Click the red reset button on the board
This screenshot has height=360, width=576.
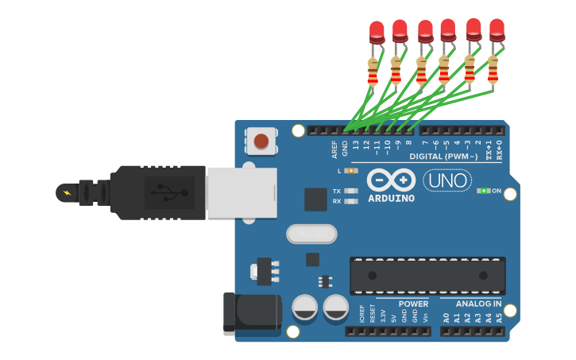[x=261, y=142]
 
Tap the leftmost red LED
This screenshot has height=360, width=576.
[x=377, y=32]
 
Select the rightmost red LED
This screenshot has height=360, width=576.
[x=497, y=29]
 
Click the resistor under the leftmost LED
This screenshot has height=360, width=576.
[x=373, y=72]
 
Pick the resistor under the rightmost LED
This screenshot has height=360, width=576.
[x=493, y=70]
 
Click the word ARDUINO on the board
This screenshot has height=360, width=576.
[x=391, y=198]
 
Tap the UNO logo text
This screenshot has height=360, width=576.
[x=447, y=181]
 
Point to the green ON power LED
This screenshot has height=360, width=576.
[x=482, y=191]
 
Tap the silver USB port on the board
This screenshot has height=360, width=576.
[x=242, y=192]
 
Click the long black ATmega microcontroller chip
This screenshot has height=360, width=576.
[x=427, y=276]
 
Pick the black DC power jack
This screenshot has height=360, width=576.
[x=252, y=314]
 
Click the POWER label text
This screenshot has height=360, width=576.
[x=413, y=304]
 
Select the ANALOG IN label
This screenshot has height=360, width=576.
[x=478, y=304]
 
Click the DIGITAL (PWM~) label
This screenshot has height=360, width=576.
[x=443, y=157]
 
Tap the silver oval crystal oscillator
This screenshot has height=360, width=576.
[x=311, y=234]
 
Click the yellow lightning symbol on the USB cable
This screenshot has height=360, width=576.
[x=67, y=192]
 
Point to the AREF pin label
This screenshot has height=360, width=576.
[x=334, y=149]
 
